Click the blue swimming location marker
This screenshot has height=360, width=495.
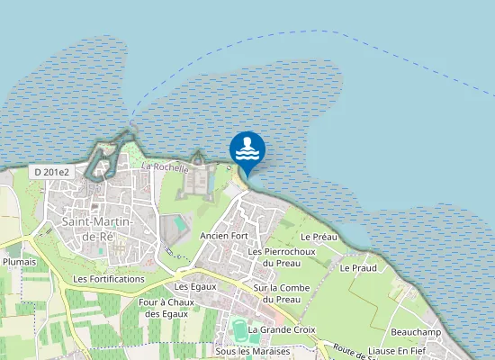point(247,150)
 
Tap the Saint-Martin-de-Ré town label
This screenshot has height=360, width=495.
point(98,229)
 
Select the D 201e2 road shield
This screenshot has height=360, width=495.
point(52,172)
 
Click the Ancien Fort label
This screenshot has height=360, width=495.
point(224,236)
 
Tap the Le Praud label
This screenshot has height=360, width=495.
point(357,268)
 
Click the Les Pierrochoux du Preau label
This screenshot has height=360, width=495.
point(282,256)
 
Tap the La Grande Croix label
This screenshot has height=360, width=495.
point(283,330)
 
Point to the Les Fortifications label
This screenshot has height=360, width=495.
point(109,279)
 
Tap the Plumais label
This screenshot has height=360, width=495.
point(19,263)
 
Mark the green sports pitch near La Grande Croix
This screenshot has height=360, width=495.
point(239,329)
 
